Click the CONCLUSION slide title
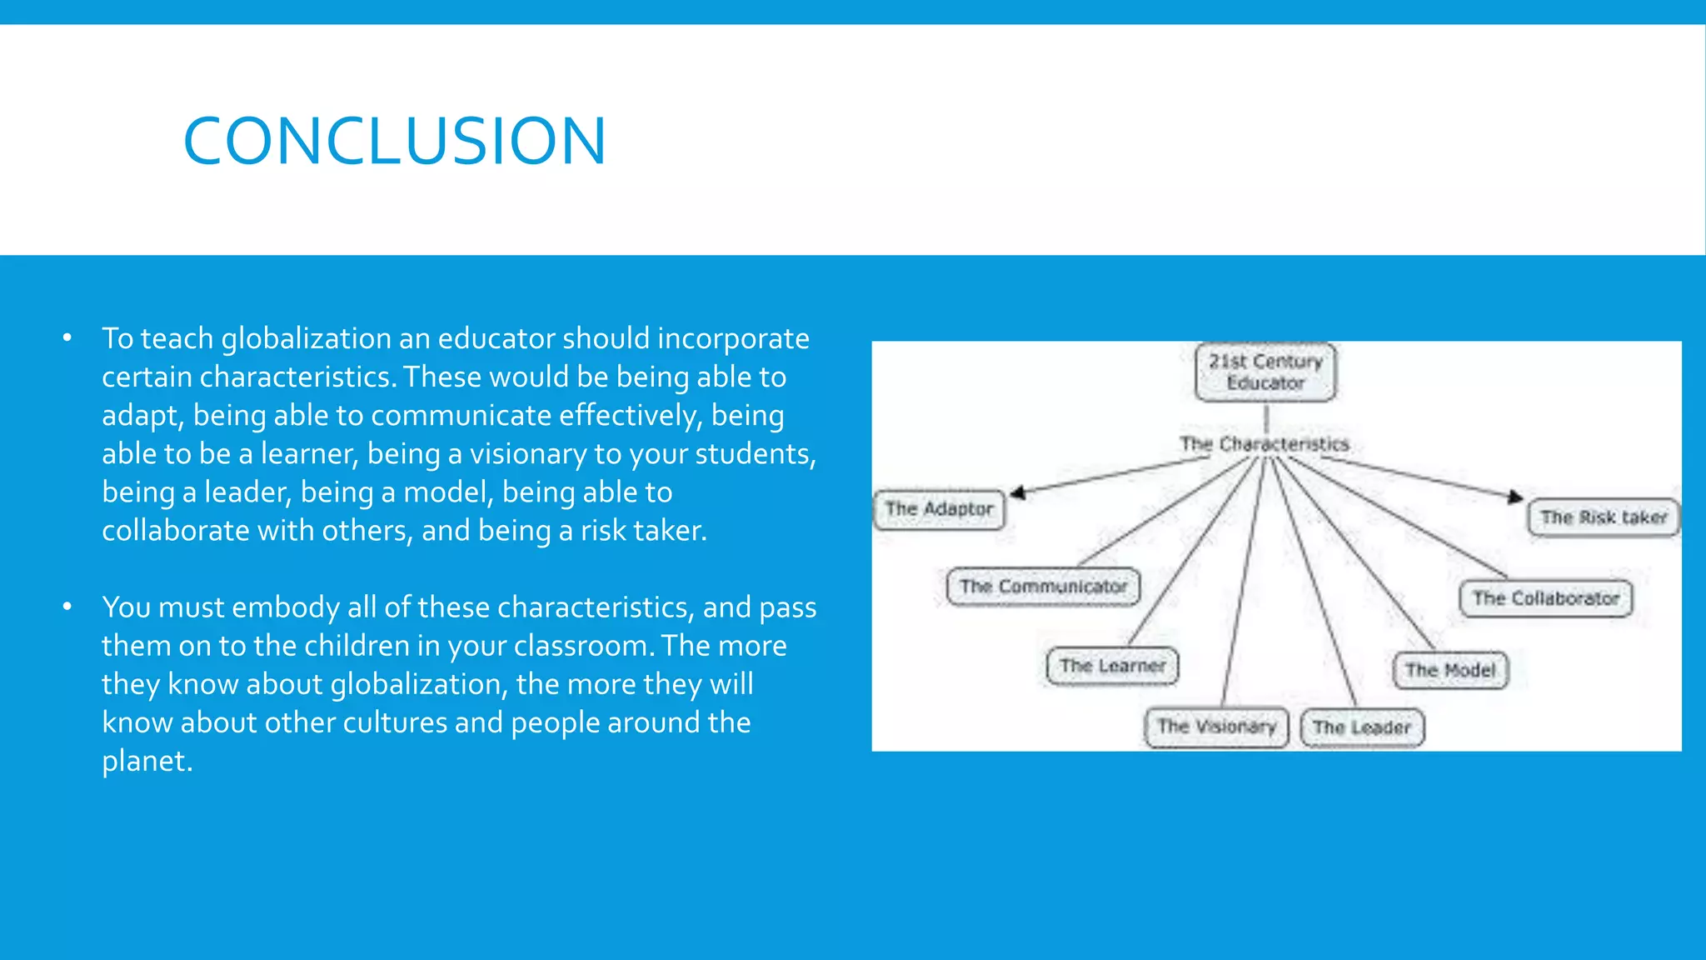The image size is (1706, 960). coord(394,141)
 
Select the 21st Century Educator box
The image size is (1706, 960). coord(1265,372)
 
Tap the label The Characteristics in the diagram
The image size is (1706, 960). coord(1264,444)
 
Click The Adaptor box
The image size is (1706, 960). coord(939,509)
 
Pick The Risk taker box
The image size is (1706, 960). coord(1603,517)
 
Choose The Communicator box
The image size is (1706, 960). coord(1043,587)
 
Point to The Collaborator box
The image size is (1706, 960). coord(1545,598)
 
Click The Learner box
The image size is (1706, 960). coord(1112,666)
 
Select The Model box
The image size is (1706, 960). coord(1450,670)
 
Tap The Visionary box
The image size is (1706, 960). coord(1216,727)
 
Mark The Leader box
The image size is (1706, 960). coord(1362,727)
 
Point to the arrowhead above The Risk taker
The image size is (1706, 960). coord(1515,497)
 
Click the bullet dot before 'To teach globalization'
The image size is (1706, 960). coord(67,338)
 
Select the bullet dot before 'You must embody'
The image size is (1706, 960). coord(67,607)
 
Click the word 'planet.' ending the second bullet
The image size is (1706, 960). coord(147,761)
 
